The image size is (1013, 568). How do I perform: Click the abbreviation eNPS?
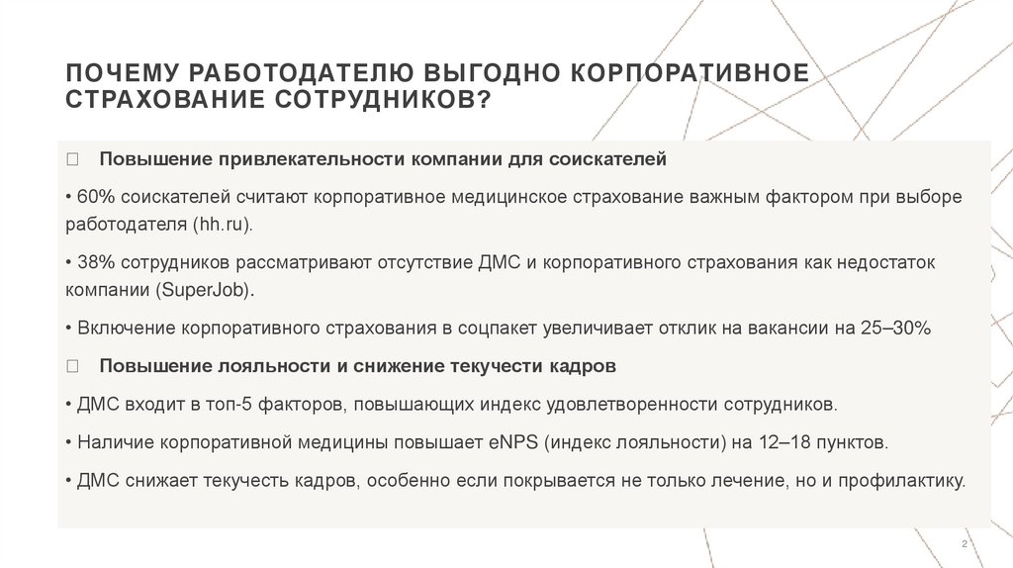(510, 442)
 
